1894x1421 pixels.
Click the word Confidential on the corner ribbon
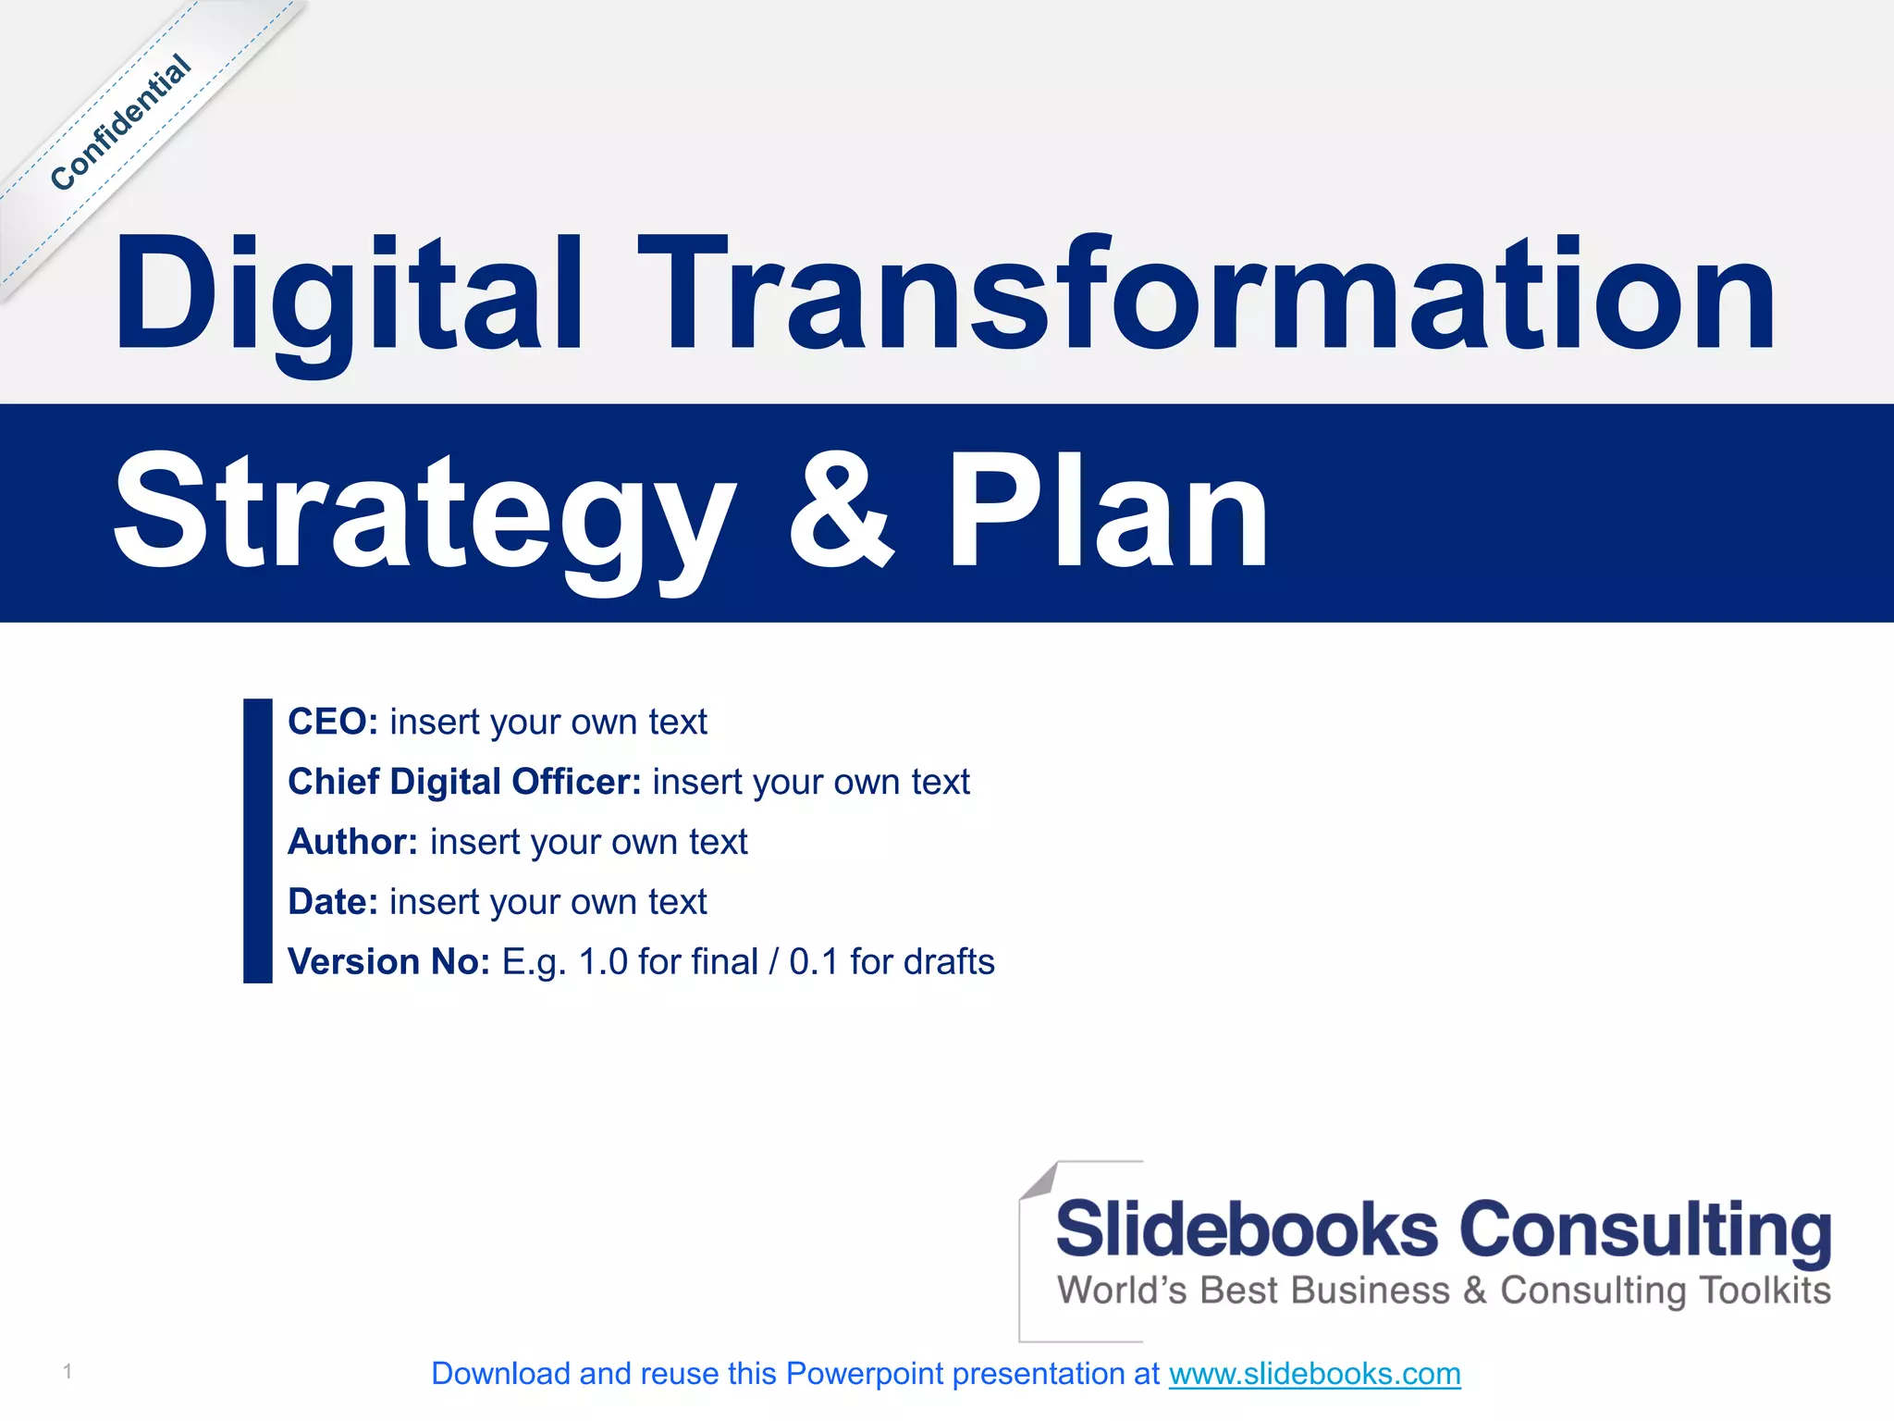point(121,123)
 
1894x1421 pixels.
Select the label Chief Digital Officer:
point(464,783)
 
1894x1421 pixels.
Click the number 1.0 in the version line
point(603,962)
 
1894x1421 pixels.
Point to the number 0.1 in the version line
point(813,962)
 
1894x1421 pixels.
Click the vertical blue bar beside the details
point(257,840)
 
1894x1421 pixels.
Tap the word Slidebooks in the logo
point(1247,1230)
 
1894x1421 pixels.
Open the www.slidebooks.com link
point(1314,1375)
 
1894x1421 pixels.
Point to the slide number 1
point(68,1371)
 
